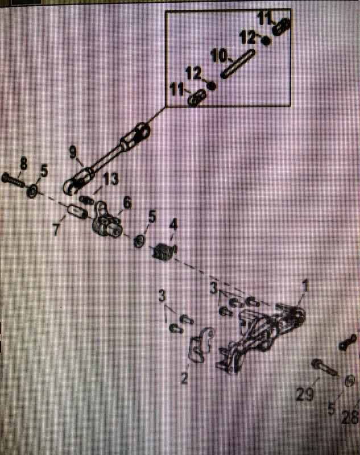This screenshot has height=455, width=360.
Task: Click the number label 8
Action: tap(23, 164)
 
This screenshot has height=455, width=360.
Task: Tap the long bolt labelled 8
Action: tap(13, 180)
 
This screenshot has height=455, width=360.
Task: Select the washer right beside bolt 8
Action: tap(32, 189)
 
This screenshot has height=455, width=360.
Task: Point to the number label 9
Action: tap(72, 152)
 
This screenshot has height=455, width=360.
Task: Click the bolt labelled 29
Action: tap(325, 367)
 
